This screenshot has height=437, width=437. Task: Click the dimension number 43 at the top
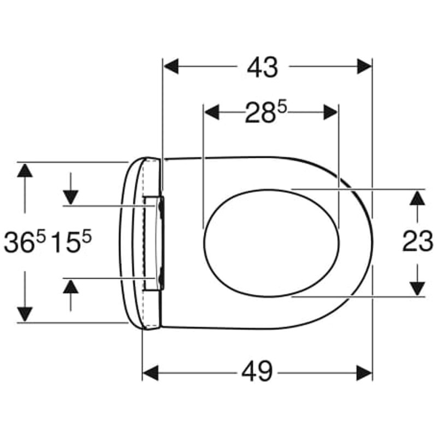(x=263, y=67)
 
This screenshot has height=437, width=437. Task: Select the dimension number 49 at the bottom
(x=257, y=373)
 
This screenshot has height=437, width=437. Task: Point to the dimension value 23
(x=417, y=241)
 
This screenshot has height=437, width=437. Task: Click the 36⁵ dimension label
(x=25, y=243)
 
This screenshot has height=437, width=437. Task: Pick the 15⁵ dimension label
(x=72, y=243)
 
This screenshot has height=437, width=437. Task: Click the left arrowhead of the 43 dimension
(x=170, y=66)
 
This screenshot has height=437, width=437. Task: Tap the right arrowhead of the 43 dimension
(x=364, y=66)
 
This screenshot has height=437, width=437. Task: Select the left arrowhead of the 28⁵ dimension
(x=212, y=113)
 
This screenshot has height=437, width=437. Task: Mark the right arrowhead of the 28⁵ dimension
(x=330, y=113)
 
